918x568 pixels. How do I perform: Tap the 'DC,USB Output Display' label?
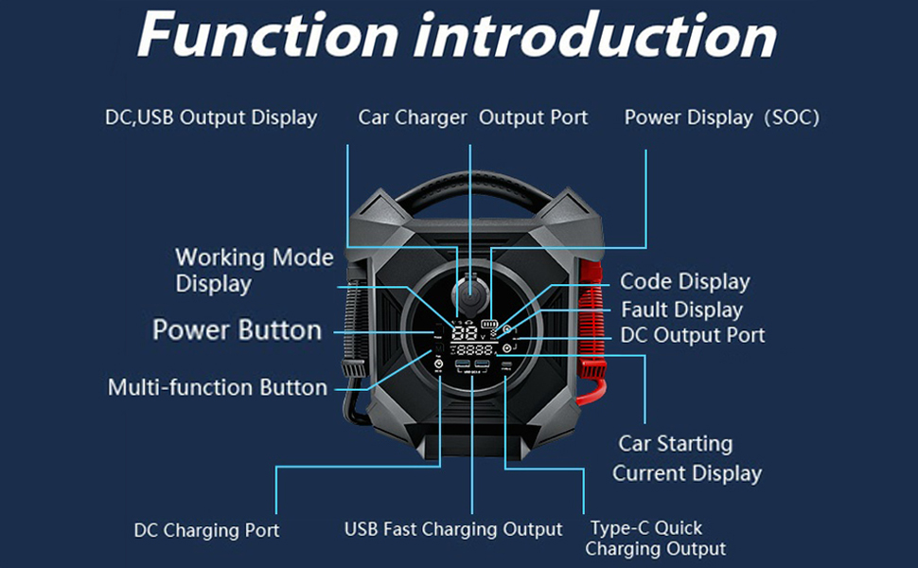(211, 118)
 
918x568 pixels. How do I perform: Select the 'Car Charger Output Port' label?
(472, 118)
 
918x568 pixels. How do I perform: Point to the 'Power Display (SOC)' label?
(721, 118)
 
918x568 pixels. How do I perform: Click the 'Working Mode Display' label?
(254, 271)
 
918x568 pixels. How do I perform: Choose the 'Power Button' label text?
(237, 330)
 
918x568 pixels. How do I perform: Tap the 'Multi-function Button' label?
(218, 387)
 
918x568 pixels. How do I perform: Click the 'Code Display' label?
(684, 282)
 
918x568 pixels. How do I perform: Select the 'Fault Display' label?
(681, 310)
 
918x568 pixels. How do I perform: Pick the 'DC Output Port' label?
(693, 335)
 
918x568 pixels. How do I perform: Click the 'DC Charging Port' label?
(206, 530)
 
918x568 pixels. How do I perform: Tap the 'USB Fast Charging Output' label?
(452, 529)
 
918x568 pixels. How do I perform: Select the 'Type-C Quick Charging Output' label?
(655, 538)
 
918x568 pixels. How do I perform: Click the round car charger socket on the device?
(468, 290)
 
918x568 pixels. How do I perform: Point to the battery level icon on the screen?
(489, 323)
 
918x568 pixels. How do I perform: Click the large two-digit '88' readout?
(465, 333)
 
